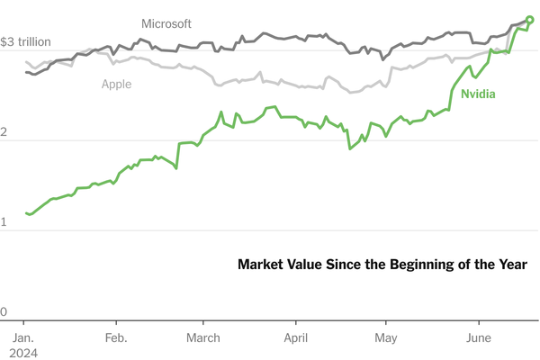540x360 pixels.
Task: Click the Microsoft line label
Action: click(166, 23)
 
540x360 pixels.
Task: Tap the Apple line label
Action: click(116, 84)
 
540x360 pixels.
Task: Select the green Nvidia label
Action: click(479, 94)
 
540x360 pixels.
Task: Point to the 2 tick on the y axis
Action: click(4, 133)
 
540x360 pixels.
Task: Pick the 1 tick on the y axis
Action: click(4, 221)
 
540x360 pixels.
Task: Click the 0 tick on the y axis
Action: click(4, 312)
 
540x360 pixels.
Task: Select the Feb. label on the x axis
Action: click(116, 338)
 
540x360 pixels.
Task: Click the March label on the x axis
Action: click(203, 338)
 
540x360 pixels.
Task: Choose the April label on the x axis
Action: click(295, 338)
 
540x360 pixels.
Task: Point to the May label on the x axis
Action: click(386, 338)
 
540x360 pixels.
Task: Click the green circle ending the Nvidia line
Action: click(529, 20)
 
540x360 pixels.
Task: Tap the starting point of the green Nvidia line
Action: click(26, 213)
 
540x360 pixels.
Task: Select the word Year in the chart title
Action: click(513, 265)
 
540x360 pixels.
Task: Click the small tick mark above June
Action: click(479, 323)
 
